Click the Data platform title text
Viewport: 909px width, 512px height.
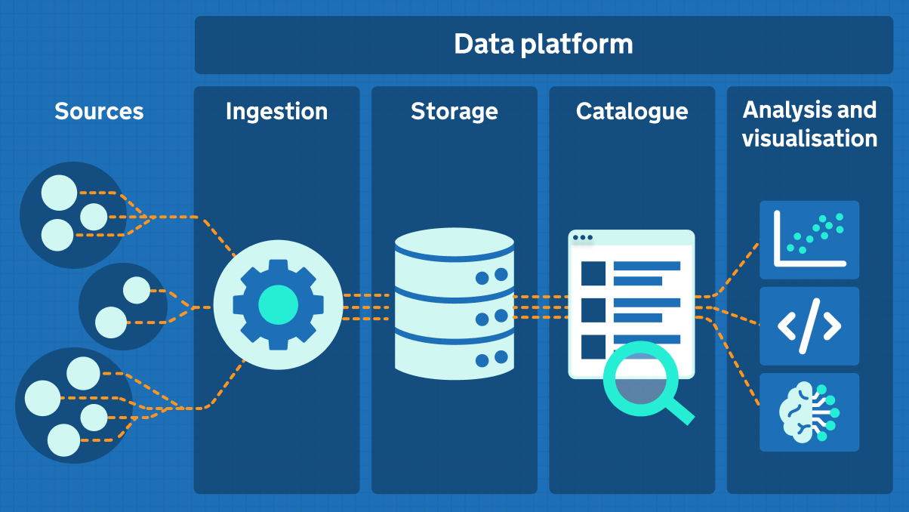[x=543, y=45]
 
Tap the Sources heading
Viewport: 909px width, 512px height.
[x=99, y=112]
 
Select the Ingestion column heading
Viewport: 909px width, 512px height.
[x=276, y=112]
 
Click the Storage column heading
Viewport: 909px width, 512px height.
[x=454, y=112]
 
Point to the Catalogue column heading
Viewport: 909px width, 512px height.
[x=632, y=112]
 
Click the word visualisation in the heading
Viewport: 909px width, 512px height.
[x=809, y=139]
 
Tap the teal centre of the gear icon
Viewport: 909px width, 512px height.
[x=278, y=304]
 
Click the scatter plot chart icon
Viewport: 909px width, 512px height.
[x=809, y=239]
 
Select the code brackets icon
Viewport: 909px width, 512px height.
[x=809, y=326]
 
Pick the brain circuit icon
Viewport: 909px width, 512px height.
[x=809, y=412]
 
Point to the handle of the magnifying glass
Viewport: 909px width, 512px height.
[x=681, y=412]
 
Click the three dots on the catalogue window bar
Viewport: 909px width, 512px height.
[x=583, y=238]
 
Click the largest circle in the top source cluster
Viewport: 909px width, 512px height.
[x=59, y=193]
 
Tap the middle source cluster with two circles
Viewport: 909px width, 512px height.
[x=122, y=307]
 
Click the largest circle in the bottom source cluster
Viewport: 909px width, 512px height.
[x=42, y=399]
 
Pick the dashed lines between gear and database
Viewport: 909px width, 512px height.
[x=367, y=307]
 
